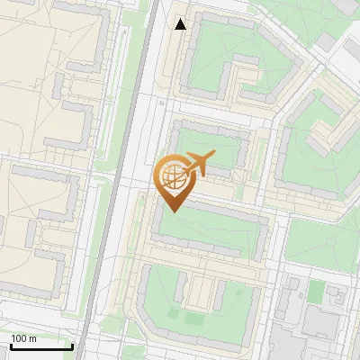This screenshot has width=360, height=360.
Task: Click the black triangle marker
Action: [x=181, y=24]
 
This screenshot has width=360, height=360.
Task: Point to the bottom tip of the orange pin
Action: [x=174, y=211]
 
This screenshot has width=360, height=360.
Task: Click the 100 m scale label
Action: [x=24, y=337]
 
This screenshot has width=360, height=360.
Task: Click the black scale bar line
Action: [x=41, y=346]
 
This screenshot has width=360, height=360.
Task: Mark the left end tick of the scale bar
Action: [x=11, y=345]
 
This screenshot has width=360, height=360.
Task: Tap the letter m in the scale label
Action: [x=32, y=337]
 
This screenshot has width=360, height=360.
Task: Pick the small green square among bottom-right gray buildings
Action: [x=316, y=291]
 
